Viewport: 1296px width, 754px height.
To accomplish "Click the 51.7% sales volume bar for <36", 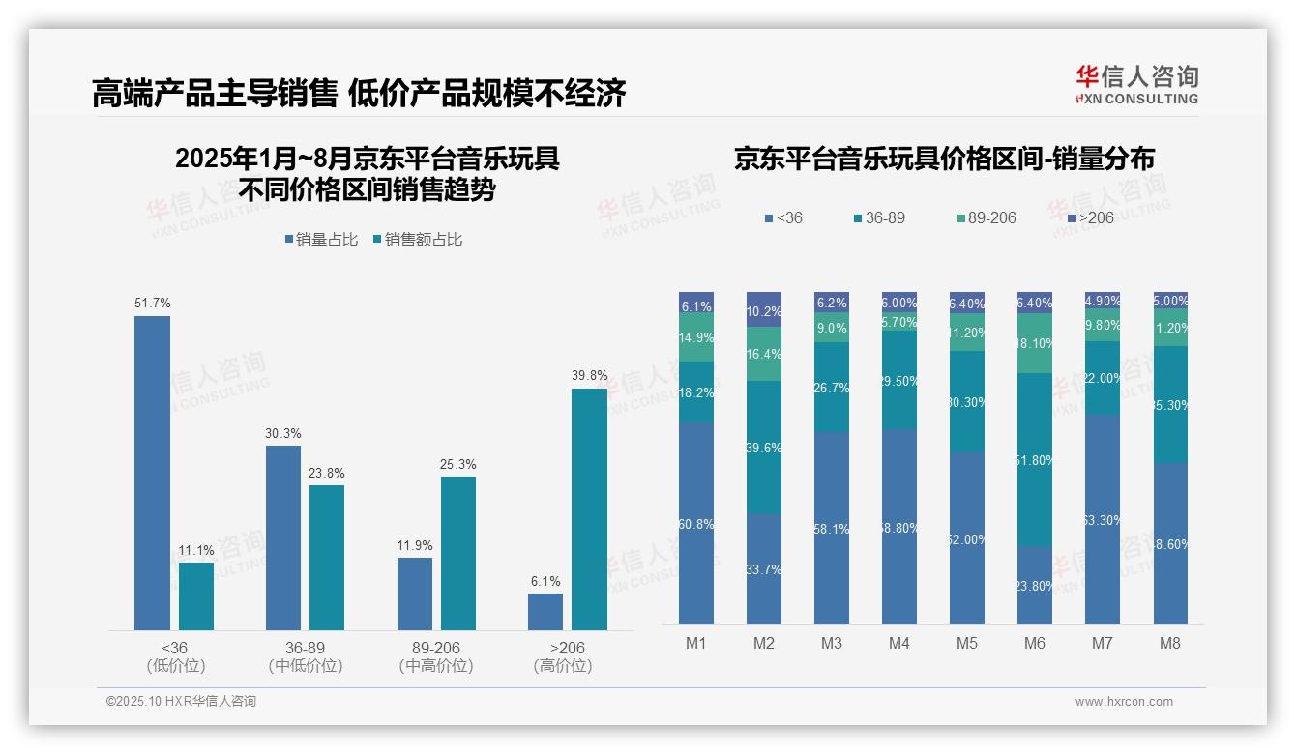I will tap(152, 473).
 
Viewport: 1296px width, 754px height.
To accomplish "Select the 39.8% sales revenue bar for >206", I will tap(589, 509).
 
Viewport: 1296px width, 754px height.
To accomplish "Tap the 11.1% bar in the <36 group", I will tap(196, 596).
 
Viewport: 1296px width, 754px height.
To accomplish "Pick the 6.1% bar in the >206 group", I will tap(545, 612).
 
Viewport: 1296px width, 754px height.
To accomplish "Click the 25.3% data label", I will tap(457, 465).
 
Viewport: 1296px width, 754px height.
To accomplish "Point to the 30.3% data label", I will tap(283, 434).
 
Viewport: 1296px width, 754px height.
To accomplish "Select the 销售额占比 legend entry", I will tap(417, 240).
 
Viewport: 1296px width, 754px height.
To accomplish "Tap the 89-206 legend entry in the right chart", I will tap(986, 218).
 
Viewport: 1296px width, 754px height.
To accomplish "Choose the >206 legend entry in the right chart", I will tap(1089, 218).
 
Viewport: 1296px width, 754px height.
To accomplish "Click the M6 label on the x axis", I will tap(1035, 643).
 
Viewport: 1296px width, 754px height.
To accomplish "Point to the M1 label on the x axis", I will tap(696, 643).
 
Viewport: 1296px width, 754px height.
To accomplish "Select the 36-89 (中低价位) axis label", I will tap(306, 656).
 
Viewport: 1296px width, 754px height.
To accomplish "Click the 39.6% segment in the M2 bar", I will tap(764, 447).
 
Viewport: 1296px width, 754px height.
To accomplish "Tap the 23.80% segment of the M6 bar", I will tap(1035, 585).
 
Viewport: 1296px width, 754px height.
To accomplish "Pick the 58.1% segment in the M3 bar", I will tap(832, 528).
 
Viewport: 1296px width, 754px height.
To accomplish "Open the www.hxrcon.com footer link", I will tap(1124, 702).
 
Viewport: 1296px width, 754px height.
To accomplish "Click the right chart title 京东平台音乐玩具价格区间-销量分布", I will tap(944, 159).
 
